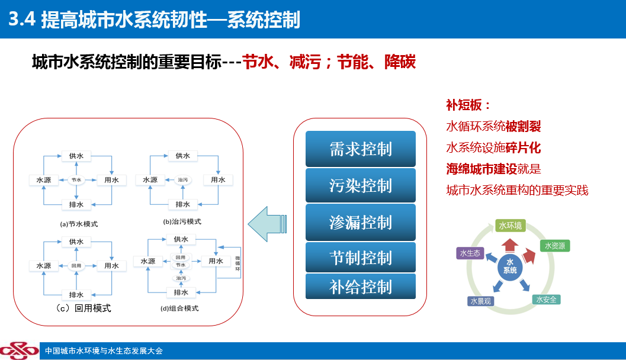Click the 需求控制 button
pyautogui.click(x=361, y=149)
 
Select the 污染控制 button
pyautogui.click(x=361, y=185)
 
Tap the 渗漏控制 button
pyautogui.click(x=361, y=222)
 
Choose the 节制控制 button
pyautogui.click(x=361, y=258)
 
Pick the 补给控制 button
pyautogui.click(x=361, y=287)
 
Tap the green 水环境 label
pyautogui.click(x=510, y=226)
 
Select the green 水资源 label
pyautogui.click(x=555, y=246)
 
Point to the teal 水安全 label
pyautogui.click(x=546, y=300)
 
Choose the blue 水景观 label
pyautogui.click(x=480, y=301)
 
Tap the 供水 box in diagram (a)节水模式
pyautogui.click(x=76, y=156)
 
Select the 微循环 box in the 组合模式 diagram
pyautogui.click(x=237, y=263)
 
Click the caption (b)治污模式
pyautogui.click(x=182, y=221)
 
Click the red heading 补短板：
pyautogui.click(x=468, y=105)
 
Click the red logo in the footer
pyautogui.click(x=18, y=351)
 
